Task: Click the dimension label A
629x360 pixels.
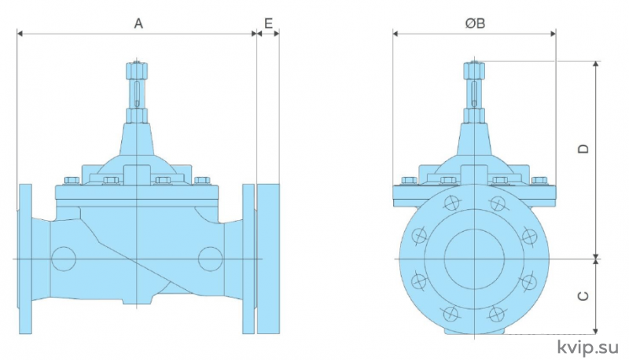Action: pos(138,24)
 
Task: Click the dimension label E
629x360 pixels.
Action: pos(268,24)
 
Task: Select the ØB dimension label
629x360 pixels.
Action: pos(476,24)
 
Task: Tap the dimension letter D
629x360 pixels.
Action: pos(583,149)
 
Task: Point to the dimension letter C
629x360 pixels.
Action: pos(583,296)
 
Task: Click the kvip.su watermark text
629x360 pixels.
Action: pos(588,347)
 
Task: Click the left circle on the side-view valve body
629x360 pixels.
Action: pos(64,259)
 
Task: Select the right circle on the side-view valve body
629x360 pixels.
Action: pos(210,259)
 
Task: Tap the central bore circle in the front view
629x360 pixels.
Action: pos(474,259)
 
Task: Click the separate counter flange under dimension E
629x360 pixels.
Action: pos(268,259)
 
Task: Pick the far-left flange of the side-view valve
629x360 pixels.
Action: pos(25,259)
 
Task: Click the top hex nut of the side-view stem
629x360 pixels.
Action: pos(137,71)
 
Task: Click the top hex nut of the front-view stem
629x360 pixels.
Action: pos(474,71)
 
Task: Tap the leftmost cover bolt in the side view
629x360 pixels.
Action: pos(72,181)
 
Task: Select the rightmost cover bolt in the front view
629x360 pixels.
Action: pos(539,181)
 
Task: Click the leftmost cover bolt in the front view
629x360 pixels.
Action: pos(410,181)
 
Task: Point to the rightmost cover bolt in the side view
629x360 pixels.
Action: pos(202,181)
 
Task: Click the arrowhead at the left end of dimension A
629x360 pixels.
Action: pos(20,34)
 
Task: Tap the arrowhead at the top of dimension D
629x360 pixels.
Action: pos(596,65)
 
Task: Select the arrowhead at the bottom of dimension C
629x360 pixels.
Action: pos(596,330)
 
